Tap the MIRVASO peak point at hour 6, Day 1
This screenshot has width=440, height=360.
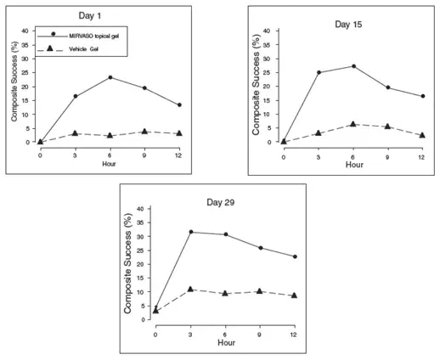point(110,77)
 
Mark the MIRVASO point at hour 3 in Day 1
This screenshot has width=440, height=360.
point(76,96)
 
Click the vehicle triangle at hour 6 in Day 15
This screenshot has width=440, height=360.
point(353,124)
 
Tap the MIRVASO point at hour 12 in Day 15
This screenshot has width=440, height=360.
point(422,96)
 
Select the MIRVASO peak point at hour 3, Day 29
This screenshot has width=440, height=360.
point(189,232)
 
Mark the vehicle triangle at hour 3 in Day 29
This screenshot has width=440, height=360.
point(189,290)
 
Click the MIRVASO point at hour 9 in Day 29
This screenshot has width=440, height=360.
point(259,248)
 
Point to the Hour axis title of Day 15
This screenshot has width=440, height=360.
point(353,164)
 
